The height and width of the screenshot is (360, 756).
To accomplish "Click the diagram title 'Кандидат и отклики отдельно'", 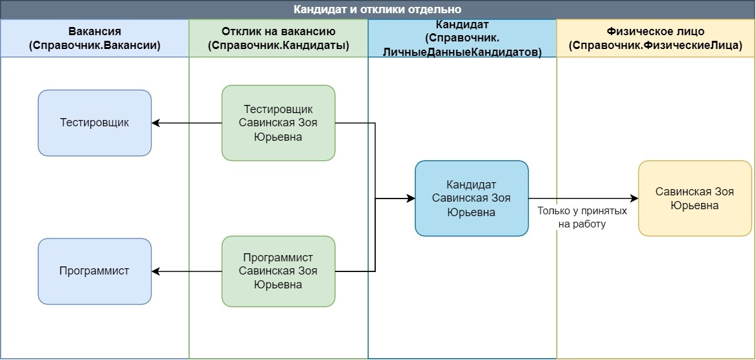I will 378,9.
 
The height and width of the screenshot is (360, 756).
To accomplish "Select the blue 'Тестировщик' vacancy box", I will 95,123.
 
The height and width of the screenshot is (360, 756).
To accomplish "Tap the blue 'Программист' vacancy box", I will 95,271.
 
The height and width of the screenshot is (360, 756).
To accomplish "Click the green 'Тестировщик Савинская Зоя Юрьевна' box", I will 278,123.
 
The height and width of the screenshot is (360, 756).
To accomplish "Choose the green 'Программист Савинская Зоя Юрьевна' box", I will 278,271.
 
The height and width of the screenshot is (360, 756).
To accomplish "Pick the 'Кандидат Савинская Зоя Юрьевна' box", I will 471,199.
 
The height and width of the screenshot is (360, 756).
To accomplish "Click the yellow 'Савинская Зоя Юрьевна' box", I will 695,199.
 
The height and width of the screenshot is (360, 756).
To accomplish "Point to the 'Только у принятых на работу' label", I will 582,217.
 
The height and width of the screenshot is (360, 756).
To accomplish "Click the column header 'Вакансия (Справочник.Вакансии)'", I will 95,38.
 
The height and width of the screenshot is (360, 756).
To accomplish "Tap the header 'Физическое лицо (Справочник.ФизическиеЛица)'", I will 655,38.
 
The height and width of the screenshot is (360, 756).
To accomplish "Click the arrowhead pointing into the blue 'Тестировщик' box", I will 156,123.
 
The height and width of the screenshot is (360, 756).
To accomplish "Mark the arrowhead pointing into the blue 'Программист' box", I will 156,271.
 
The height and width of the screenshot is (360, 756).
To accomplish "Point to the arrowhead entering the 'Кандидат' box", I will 411,199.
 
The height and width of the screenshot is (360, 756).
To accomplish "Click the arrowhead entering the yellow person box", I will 635,199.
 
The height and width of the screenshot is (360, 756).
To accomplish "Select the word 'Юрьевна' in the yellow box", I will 695,205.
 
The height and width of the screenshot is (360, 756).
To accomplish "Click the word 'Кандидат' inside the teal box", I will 471,185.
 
